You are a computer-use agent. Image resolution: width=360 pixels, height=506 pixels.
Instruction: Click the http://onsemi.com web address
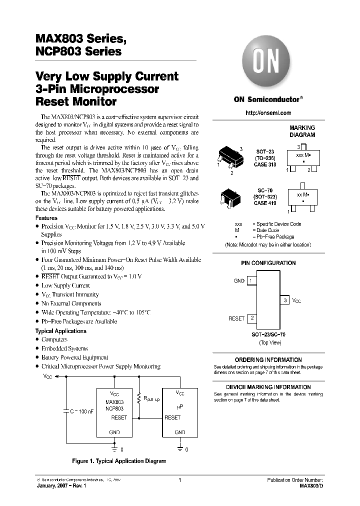[x=267, y=114]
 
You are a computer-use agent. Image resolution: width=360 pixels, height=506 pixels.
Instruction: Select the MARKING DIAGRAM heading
[x=302, y=131]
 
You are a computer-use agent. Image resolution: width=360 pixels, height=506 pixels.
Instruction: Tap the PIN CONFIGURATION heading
[x=268, y=263]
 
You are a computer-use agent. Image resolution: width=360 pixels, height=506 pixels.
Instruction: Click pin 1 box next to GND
[x=252, y=281]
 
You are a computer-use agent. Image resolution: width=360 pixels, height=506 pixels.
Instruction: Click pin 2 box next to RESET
[x=252, y=318]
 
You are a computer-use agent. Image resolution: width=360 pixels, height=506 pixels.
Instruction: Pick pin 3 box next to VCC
[x=285, y=300]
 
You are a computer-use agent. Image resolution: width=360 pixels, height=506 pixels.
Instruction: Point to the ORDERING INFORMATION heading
[x=268, y=360]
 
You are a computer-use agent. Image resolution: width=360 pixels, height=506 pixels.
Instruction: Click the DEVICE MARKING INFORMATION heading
[x=268, y=387]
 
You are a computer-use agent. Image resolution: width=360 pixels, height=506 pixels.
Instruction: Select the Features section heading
[x=46, y=218]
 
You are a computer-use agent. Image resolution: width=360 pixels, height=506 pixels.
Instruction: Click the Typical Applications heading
[x=60, y=331]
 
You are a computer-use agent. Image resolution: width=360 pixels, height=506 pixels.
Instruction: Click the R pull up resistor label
[x=151, y=399]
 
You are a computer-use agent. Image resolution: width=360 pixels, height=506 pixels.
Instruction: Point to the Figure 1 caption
[x=119, y=461]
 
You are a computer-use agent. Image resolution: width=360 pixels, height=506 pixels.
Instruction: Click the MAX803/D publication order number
[x=310, y=486]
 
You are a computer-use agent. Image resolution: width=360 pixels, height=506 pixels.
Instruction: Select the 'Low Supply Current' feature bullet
[x=65, y=285]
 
